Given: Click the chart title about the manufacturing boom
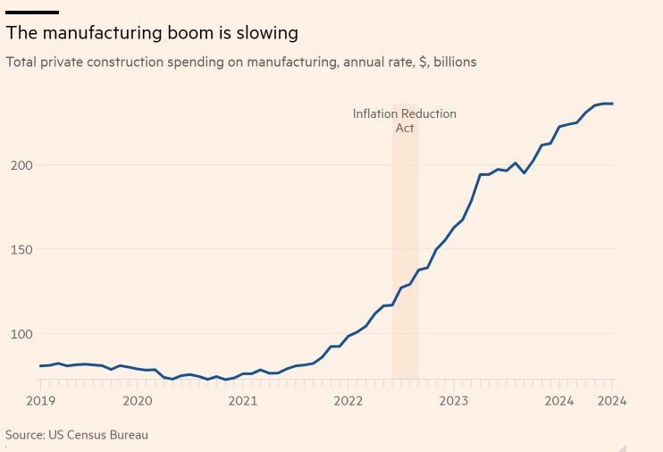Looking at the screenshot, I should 152,33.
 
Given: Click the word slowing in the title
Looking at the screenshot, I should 264,34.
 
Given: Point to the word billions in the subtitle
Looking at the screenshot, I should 455,62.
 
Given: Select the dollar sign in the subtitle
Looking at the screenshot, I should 423,62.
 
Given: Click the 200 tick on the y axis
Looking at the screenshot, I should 21,165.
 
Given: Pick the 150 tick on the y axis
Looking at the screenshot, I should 21,250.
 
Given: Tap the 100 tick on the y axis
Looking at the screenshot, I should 21,334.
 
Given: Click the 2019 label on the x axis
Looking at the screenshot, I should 40,401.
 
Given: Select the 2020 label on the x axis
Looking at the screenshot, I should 137,401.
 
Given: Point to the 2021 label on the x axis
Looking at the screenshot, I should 242,401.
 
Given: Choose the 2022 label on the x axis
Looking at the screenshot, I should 348,401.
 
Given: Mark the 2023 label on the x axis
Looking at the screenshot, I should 453,401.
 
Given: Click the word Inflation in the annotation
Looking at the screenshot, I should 375,113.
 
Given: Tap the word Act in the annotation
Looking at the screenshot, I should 405,128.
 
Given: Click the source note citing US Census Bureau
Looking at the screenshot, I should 77,435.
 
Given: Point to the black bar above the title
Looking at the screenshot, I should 32,13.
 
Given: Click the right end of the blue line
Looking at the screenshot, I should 612,104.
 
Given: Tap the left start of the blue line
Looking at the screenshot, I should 40,365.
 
